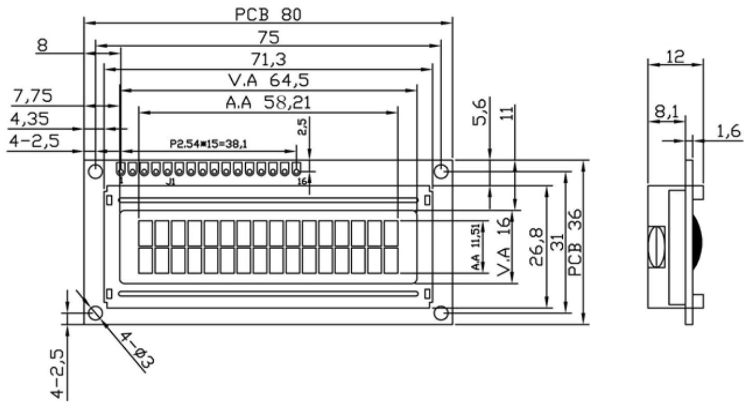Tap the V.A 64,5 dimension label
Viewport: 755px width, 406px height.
272,81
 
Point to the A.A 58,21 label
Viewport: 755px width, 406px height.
268,103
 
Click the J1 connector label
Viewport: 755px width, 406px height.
171,183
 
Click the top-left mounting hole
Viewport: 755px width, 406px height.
95,171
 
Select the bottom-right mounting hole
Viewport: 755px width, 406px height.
440,313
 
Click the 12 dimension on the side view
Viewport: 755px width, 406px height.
674,57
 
